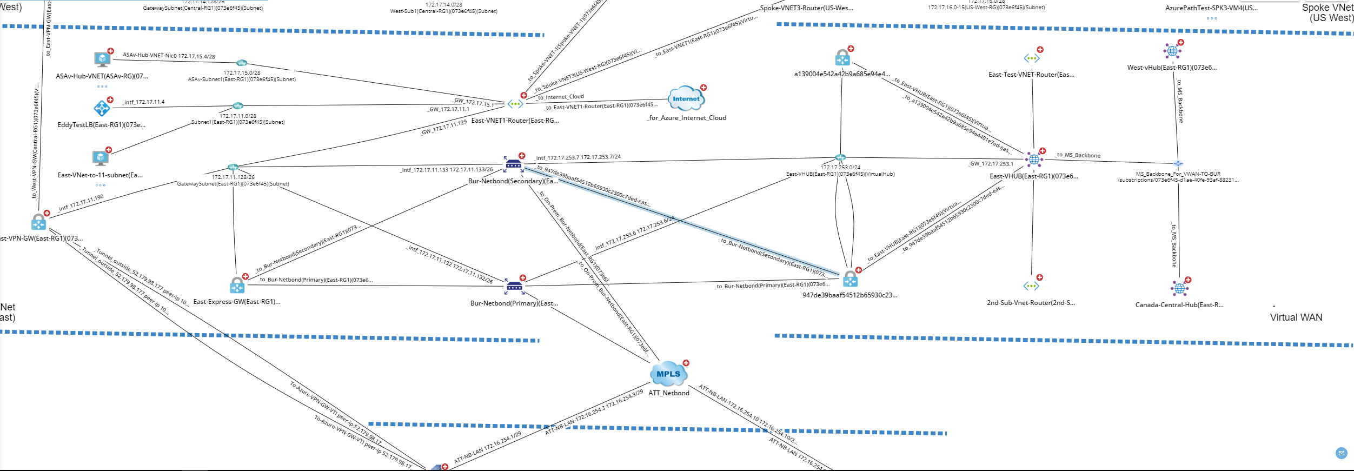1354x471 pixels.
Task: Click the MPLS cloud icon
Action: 668,374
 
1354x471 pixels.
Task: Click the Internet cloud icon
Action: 686,98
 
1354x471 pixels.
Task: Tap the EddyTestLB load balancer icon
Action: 101,108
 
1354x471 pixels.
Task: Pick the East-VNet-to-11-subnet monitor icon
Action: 101,158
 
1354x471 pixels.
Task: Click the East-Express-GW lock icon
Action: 237,286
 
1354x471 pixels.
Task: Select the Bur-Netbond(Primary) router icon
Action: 514,286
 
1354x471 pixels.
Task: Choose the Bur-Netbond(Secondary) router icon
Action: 513,164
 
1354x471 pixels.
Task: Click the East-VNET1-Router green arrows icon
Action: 515,104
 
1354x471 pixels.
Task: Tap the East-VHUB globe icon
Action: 1033,159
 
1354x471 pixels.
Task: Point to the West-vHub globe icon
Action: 1172,51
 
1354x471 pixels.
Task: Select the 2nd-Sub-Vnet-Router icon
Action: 1031,286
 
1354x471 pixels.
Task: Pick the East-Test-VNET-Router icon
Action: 1031,58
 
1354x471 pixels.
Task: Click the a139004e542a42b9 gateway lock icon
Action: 842,57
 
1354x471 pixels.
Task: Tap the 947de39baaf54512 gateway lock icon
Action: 850,279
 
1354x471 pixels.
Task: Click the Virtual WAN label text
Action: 1296,317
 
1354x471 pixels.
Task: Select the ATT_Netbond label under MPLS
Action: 669,393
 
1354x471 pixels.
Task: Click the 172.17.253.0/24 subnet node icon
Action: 840,158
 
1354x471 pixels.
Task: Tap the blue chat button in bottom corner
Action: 1341,453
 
